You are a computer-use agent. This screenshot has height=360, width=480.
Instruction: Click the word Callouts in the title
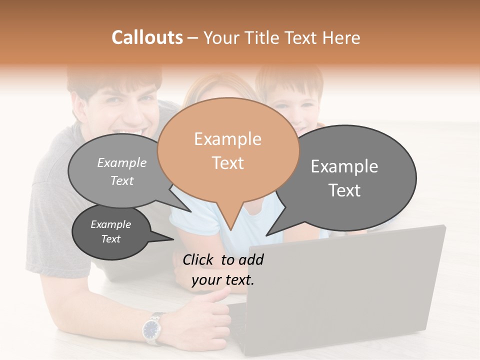click(147, 37)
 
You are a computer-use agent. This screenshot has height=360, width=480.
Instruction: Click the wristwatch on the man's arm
click(151, 328)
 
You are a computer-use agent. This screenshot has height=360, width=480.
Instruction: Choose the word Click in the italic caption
click(197, 259)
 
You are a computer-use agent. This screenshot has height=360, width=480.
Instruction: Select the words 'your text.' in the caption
click(222, 280)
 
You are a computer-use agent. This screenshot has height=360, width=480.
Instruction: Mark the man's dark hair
click(115, 80)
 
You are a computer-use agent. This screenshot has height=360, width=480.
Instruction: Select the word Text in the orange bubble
click(228, 163)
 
